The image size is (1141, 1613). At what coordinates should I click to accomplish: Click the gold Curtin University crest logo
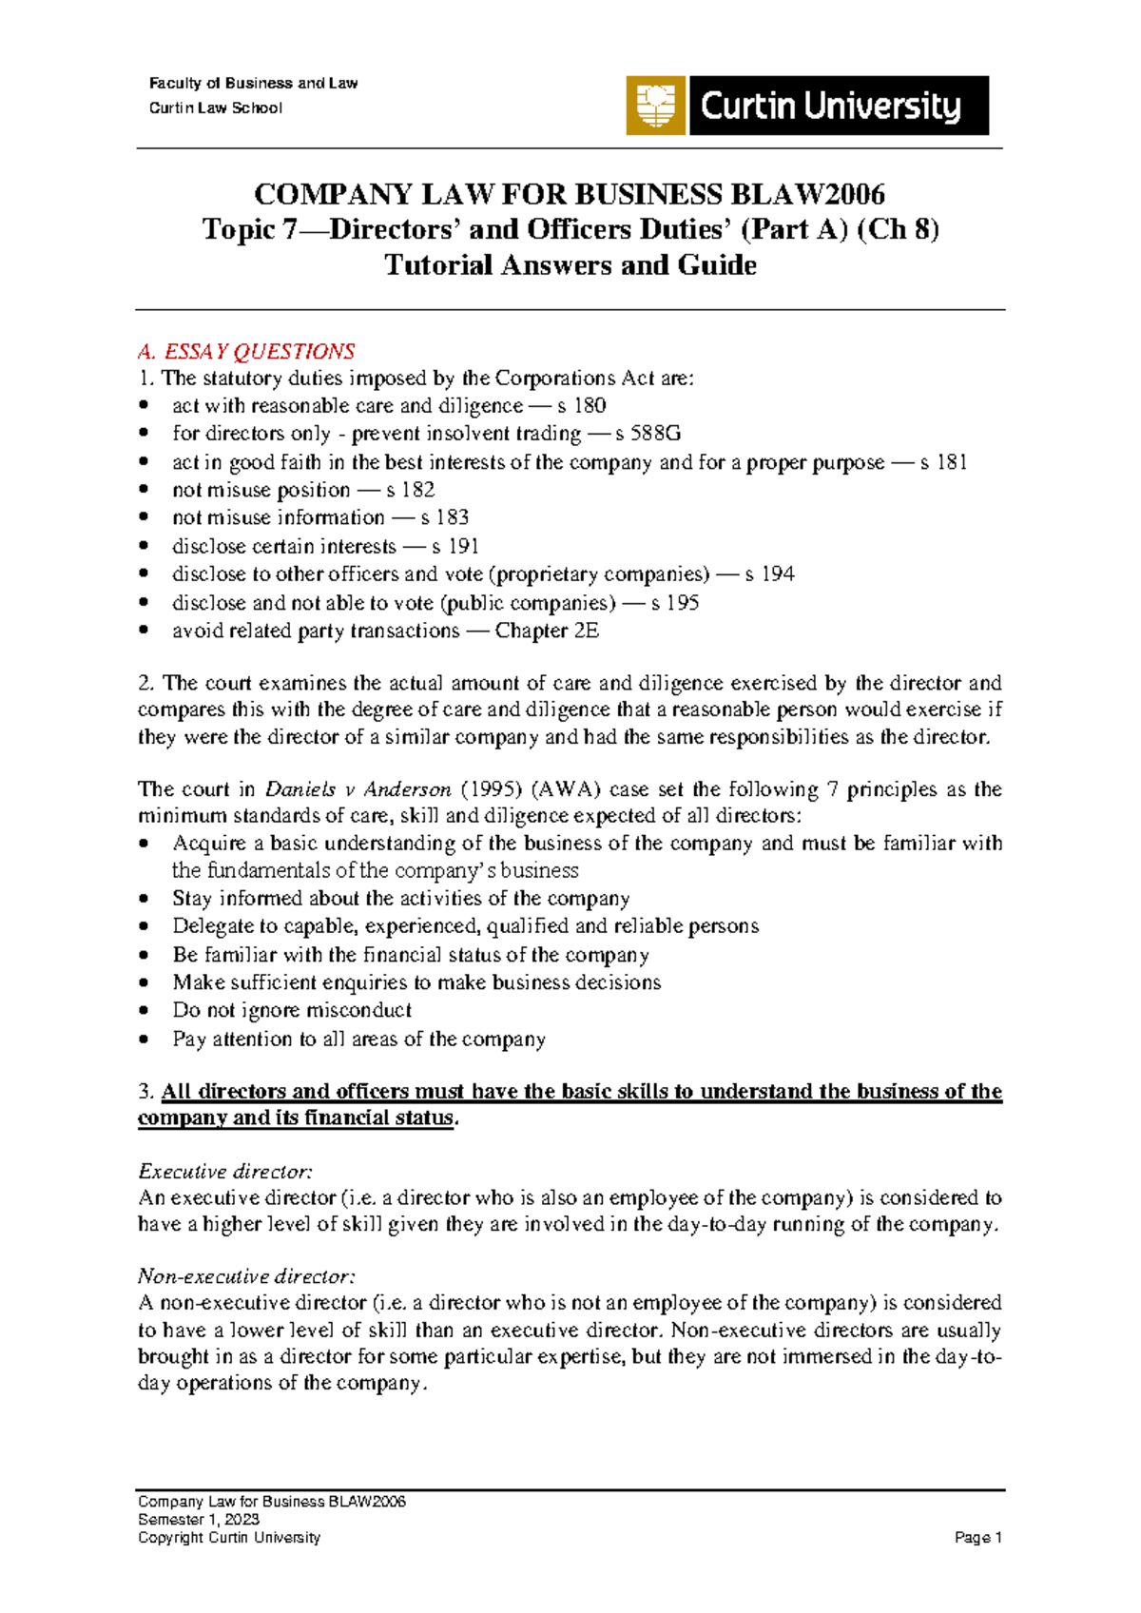pos(655,106)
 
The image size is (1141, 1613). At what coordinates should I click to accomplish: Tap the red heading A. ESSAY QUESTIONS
pos(246,351)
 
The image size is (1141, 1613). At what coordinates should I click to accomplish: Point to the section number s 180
pos(582,406)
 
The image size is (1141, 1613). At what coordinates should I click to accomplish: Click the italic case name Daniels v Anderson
pos(358,789)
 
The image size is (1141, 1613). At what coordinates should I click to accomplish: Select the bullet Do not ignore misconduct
pos(292,1010)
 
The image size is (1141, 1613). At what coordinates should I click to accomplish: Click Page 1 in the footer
pos(978,1538)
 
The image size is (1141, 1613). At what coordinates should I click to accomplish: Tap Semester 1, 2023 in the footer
pos(199,1520)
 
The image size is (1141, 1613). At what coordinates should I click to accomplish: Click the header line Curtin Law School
pos(216,108)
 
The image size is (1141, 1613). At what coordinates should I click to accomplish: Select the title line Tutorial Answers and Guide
pos(570,265)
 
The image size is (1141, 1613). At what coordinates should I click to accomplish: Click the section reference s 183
pos(444,517)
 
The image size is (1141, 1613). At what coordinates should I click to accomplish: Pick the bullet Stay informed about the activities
pos(400,899)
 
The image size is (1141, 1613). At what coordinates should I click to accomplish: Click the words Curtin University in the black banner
pos(831,106)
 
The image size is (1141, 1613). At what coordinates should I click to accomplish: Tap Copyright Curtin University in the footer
pos(229,1538)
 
